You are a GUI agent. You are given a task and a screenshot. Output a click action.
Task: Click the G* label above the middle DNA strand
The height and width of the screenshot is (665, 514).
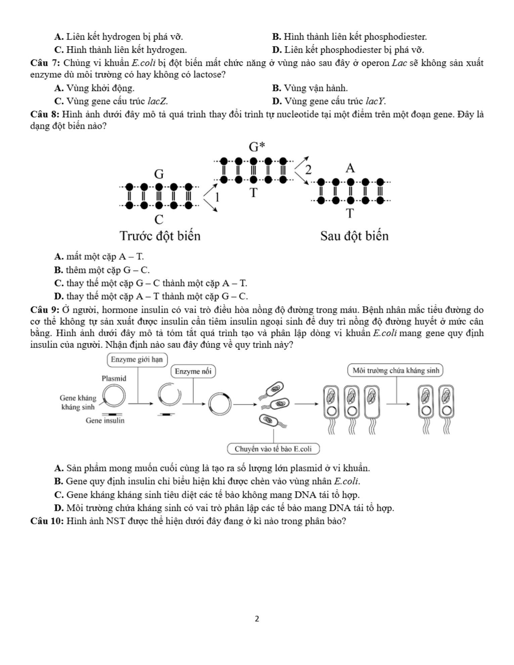pos(257,147)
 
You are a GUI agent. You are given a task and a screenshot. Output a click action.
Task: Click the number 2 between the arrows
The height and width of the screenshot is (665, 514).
pos(308,170)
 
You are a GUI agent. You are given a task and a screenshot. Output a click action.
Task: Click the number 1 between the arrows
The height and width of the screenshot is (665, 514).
pos(217,197)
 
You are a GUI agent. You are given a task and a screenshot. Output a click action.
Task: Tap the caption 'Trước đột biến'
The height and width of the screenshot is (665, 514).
pos(160,236)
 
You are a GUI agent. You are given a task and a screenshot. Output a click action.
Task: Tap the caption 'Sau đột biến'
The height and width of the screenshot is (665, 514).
pos(354,236)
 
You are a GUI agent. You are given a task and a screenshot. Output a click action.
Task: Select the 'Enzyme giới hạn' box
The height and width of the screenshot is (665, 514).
pos(137,360)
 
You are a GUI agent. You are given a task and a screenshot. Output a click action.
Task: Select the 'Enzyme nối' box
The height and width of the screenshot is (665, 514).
pos(193,371)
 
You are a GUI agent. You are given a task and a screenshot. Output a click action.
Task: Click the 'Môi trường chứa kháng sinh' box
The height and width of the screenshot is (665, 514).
pos(396,370)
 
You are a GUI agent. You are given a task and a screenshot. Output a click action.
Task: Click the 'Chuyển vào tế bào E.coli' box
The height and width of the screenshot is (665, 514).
pos(273,449)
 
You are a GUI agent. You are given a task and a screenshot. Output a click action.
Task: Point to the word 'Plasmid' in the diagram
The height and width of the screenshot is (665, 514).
pos(114,379)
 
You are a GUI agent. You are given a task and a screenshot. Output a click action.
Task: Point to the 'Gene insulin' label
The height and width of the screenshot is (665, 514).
pos(105,420)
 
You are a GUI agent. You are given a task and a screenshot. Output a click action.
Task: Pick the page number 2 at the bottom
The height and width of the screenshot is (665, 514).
pos(257,619)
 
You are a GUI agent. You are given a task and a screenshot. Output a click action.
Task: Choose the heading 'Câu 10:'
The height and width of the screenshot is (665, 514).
pos(47,521)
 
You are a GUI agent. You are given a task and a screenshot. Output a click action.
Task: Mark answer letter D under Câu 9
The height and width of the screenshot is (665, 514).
pos(58,508)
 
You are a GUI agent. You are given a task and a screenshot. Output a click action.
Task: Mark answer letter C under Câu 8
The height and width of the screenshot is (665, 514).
pos(58,283)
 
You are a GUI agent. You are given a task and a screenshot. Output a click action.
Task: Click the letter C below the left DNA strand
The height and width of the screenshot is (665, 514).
pos(159,220)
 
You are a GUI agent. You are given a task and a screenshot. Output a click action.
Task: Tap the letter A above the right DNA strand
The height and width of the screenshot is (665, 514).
pos(350,168)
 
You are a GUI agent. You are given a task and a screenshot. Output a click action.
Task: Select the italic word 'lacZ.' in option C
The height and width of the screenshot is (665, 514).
pos(158,101)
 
